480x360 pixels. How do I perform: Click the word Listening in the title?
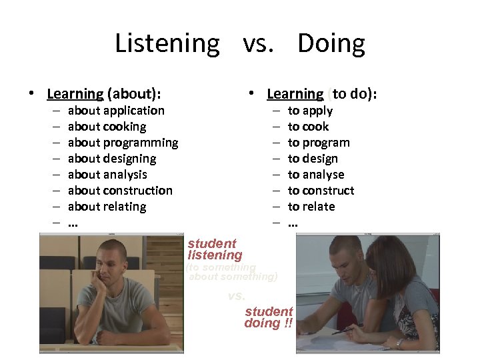point(167,44)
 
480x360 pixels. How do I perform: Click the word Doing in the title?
point(331,44)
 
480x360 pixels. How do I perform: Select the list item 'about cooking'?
point(107,127)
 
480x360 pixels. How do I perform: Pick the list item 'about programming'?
point(123,143)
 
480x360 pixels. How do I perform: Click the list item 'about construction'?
point(120,191)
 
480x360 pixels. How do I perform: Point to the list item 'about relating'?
point(107,207)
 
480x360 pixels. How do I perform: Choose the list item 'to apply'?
point(310,111)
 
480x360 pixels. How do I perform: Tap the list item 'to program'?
point(319,143)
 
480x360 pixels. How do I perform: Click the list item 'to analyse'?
point(316,175)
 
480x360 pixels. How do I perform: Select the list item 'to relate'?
point(311,207)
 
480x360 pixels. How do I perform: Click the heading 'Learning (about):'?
point(104,94)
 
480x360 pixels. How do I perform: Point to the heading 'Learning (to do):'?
point(322,94)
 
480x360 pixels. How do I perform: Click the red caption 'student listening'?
point(213,249)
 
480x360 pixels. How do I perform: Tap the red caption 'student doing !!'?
point(269,317)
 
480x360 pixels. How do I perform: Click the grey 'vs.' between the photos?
point(237,296)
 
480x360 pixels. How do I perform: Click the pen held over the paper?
point(343,329)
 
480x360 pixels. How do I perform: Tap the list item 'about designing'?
point(112,159)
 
